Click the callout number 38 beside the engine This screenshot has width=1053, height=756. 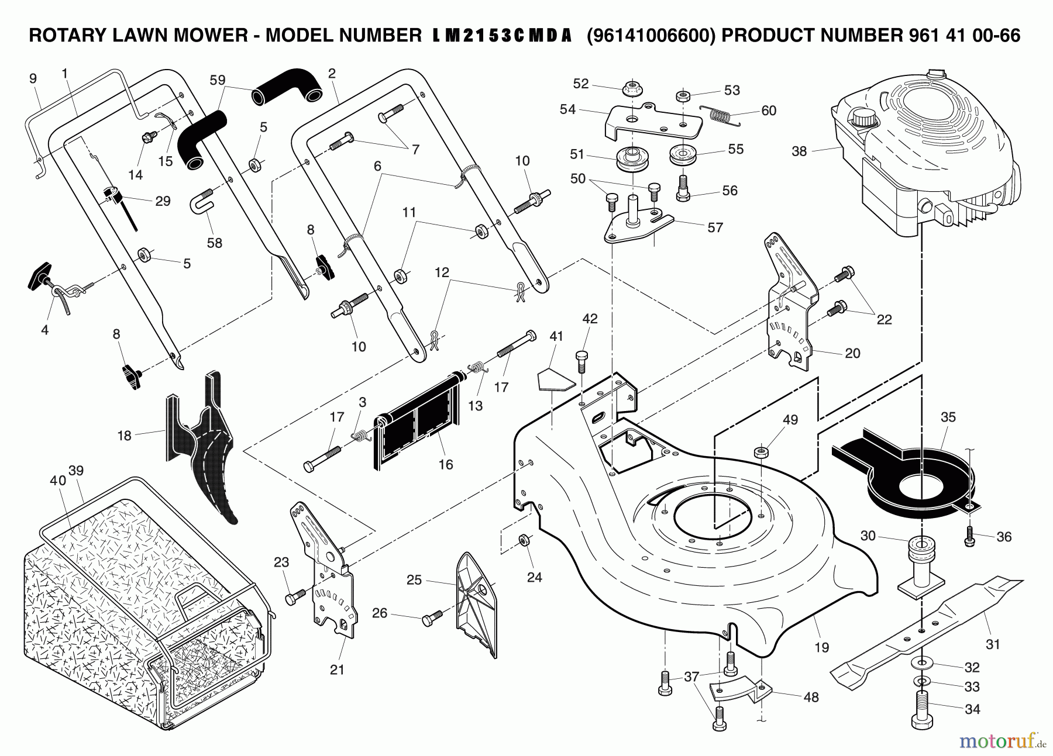point(799,151)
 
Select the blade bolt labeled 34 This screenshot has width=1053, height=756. point(922,709)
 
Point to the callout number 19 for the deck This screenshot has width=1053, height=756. point(821,647)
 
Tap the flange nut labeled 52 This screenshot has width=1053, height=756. point(633,88)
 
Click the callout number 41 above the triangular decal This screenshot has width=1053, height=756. point(556,336)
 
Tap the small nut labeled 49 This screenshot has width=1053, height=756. point(761,452)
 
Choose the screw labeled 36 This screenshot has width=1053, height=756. point(969,536)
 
